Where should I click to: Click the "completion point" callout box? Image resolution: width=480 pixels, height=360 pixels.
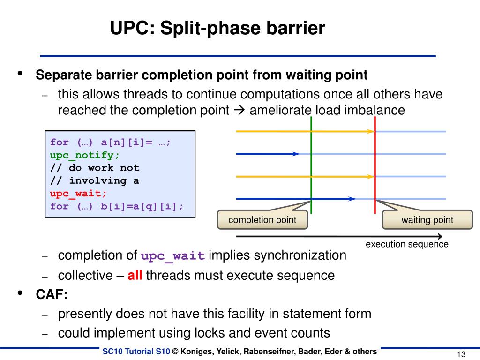[x=262, y=220]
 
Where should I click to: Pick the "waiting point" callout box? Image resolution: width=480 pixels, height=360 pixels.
[x=427, y=220]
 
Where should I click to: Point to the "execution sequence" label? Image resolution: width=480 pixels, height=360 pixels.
[x=407, y=244]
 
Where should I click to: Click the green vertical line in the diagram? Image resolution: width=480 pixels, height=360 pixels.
[x=311, y=164]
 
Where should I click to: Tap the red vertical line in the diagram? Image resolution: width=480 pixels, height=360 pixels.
[x=375, y=164]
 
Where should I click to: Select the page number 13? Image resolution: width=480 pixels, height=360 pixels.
[x=460, y=354]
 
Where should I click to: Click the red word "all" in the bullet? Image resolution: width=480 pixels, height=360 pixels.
[x=135, y=275]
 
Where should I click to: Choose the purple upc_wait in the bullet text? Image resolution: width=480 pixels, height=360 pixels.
[x=173, y=256]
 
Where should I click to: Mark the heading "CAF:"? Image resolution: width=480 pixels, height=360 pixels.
[x=52, y=294]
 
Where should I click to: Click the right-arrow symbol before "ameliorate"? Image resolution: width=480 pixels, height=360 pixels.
[x=239, y=111]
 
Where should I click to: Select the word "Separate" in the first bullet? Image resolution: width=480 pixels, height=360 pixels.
[x=64, y=75]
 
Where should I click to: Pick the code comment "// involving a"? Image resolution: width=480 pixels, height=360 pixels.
[x=94, y=180]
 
